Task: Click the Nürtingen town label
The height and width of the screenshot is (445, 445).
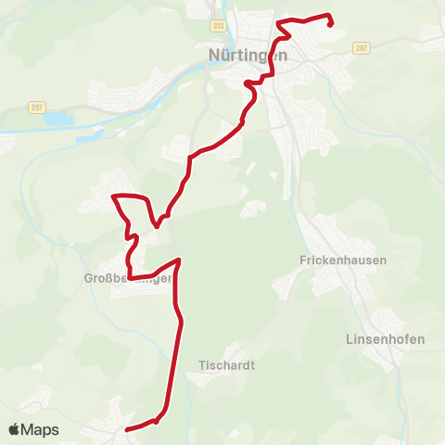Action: (x=248, y=55)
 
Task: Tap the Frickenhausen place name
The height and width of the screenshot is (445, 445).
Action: (x=343, y=261)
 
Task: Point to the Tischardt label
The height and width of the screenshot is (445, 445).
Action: (x=227, y=365)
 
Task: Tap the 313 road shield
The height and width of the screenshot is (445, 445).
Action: (x=218, y=26)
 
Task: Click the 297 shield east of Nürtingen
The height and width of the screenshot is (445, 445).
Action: (x=362, y=47)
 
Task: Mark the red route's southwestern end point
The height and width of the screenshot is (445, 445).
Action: (x=127, y=429)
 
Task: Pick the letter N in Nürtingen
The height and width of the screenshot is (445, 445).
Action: (x=215, y=55)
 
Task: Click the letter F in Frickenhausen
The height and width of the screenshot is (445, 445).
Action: (x=303, y=261)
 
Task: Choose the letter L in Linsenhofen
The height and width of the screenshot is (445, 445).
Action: (x=349, y=338)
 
